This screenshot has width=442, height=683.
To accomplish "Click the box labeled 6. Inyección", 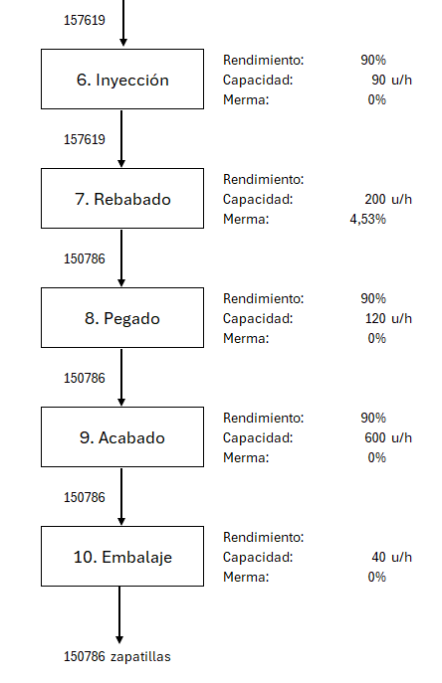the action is click(122, 79).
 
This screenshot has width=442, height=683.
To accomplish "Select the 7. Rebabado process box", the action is click(122, 198).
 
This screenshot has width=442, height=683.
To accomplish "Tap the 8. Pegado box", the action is click(122, 317).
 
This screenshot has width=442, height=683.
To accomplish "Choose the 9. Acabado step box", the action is click(122, 436).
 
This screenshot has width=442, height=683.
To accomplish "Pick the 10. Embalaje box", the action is click(122, 557).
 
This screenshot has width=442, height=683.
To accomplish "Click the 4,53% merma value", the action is click(367, 219).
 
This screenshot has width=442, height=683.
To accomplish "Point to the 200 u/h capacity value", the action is click(388, 200).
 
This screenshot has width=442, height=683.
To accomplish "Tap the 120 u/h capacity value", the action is click(388, 319).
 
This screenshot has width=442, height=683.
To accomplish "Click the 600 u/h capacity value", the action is click(388, 437).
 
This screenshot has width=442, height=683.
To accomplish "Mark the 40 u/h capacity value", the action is click(391, 557).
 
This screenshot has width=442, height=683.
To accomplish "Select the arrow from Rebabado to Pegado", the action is click(121, 257).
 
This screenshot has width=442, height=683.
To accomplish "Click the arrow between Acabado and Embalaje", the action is click(121, 496).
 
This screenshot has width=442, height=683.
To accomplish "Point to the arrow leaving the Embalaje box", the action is click(119, 615).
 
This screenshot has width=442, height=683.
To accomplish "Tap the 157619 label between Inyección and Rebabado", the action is click(85, 139).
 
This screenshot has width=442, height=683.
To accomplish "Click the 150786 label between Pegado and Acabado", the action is click(85, 378).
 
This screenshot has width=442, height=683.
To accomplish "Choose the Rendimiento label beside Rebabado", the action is click(263, 180).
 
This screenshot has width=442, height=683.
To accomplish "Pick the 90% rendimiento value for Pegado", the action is click(373, 299).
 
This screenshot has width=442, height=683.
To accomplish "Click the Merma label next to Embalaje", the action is click(246, 578).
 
